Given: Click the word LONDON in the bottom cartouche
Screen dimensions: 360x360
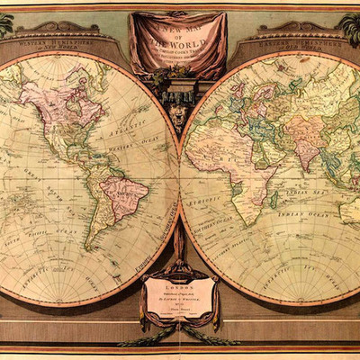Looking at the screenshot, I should tap(179, 281).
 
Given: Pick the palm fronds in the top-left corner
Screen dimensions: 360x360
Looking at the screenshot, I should tap(7, 23).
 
